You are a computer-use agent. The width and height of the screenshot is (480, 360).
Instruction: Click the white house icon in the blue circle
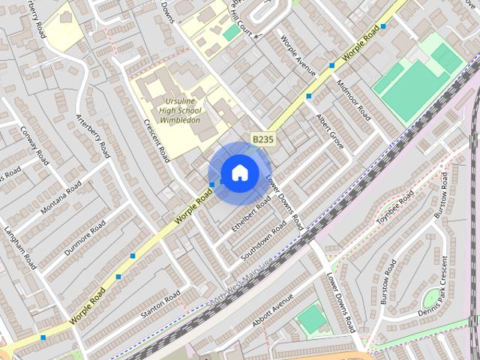tap(239, 173)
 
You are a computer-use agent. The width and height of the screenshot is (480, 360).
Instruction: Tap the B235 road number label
tap(262, 139)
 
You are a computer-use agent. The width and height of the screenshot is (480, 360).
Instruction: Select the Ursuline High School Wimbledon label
tap(179, 109)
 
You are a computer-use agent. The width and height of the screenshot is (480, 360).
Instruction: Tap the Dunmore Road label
tap(85, 237)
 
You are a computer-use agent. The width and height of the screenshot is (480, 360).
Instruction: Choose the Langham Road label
tap(20, 247)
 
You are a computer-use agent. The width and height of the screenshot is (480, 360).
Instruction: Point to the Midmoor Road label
tap(354, 100)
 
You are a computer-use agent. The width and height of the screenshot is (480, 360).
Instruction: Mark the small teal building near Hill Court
tap(231, 33)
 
